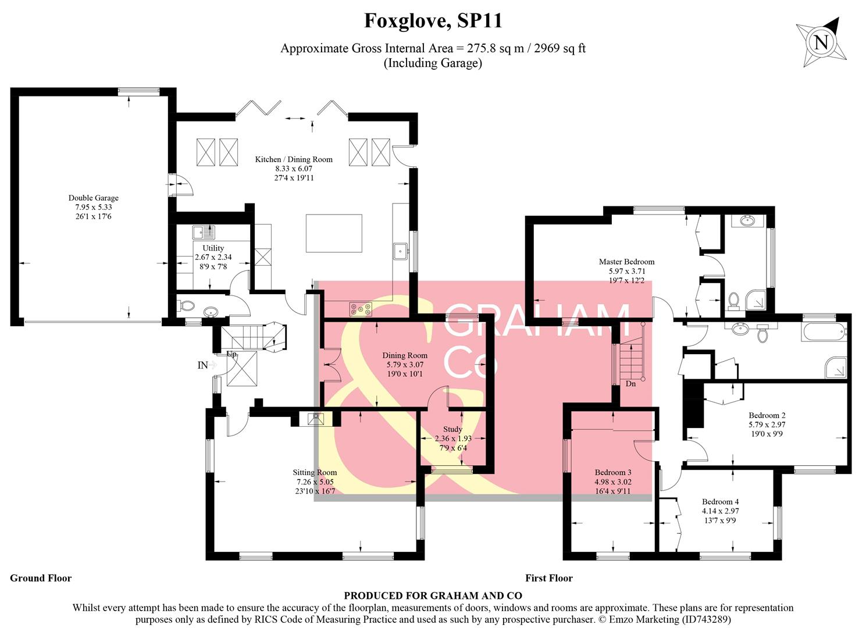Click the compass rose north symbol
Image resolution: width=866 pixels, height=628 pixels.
[x=821, y=42]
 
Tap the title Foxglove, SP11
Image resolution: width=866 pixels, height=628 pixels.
[x=433, y=21]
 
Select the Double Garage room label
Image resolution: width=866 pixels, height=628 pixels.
[x=93, y=198]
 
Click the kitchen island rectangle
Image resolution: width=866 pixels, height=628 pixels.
[x=334, y=233]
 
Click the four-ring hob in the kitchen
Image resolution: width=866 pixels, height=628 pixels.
[x=361, y=310]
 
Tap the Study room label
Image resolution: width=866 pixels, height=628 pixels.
[x=452, y=429]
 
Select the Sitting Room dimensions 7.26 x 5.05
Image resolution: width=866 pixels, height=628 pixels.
[x=315, y=482]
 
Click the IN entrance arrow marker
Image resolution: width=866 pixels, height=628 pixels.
[x=207, y=365]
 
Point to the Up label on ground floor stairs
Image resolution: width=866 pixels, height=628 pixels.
[x=231, y=354]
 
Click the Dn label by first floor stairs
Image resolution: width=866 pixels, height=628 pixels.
[x=631, y=384]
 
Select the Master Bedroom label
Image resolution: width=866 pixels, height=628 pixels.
[x=626, y=262]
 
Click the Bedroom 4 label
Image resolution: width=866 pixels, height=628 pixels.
[x=720, y=502]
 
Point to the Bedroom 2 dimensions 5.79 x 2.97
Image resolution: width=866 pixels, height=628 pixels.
[x=767, y=424]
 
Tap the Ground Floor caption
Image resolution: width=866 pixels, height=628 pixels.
[x=41, y=578]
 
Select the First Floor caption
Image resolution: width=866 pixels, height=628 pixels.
[x=548, y=578]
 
